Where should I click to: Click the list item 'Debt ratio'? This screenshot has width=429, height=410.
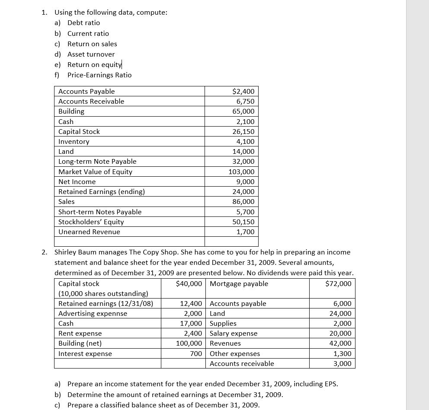pyautogui.click(x=83, y=23)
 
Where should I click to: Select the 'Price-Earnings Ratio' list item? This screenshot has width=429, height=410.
pyautogui.click(x=99, y=75)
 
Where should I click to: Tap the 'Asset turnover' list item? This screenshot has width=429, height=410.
pyautogui.click(x=91, y=54)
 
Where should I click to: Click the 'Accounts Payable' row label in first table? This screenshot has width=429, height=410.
pyautogui.click(x=86, y=92)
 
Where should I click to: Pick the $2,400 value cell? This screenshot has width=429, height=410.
pyautogui.click(x=243, y=92)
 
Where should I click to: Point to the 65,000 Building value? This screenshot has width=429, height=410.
pyautogui.click(x=243, y=111)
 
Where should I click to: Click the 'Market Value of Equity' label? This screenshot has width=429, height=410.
pyautogui.click(x=95, y=172)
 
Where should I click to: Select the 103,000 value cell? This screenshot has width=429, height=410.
pyautogui.click(x=241, y=172)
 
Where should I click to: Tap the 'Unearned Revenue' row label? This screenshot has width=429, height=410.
pyautogui.click(x=89, y=232)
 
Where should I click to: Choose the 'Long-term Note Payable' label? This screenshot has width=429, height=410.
pyautogui.click(x=97, y=162)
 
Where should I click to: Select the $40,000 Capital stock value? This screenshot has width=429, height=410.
pyautogui.click(x=189, y=284)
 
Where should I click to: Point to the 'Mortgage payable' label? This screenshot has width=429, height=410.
pyautogui.click(x=239, y=284)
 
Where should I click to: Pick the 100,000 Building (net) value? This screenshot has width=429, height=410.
pyautogui.click(x=189, y=343)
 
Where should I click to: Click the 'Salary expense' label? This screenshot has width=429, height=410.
pyautogui.click(x=234, y=334)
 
